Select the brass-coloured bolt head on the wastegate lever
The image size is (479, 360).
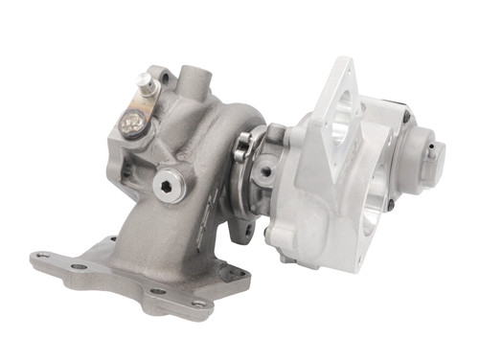[x=131, y=121]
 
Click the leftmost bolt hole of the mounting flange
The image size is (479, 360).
[x=41, y=257]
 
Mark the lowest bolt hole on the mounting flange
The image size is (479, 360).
[x=198, y=304]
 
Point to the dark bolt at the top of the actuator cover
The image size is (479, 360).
[x=406, y=118]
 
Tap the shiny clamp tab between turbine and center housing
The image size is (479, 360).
[x=243, y=144]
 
